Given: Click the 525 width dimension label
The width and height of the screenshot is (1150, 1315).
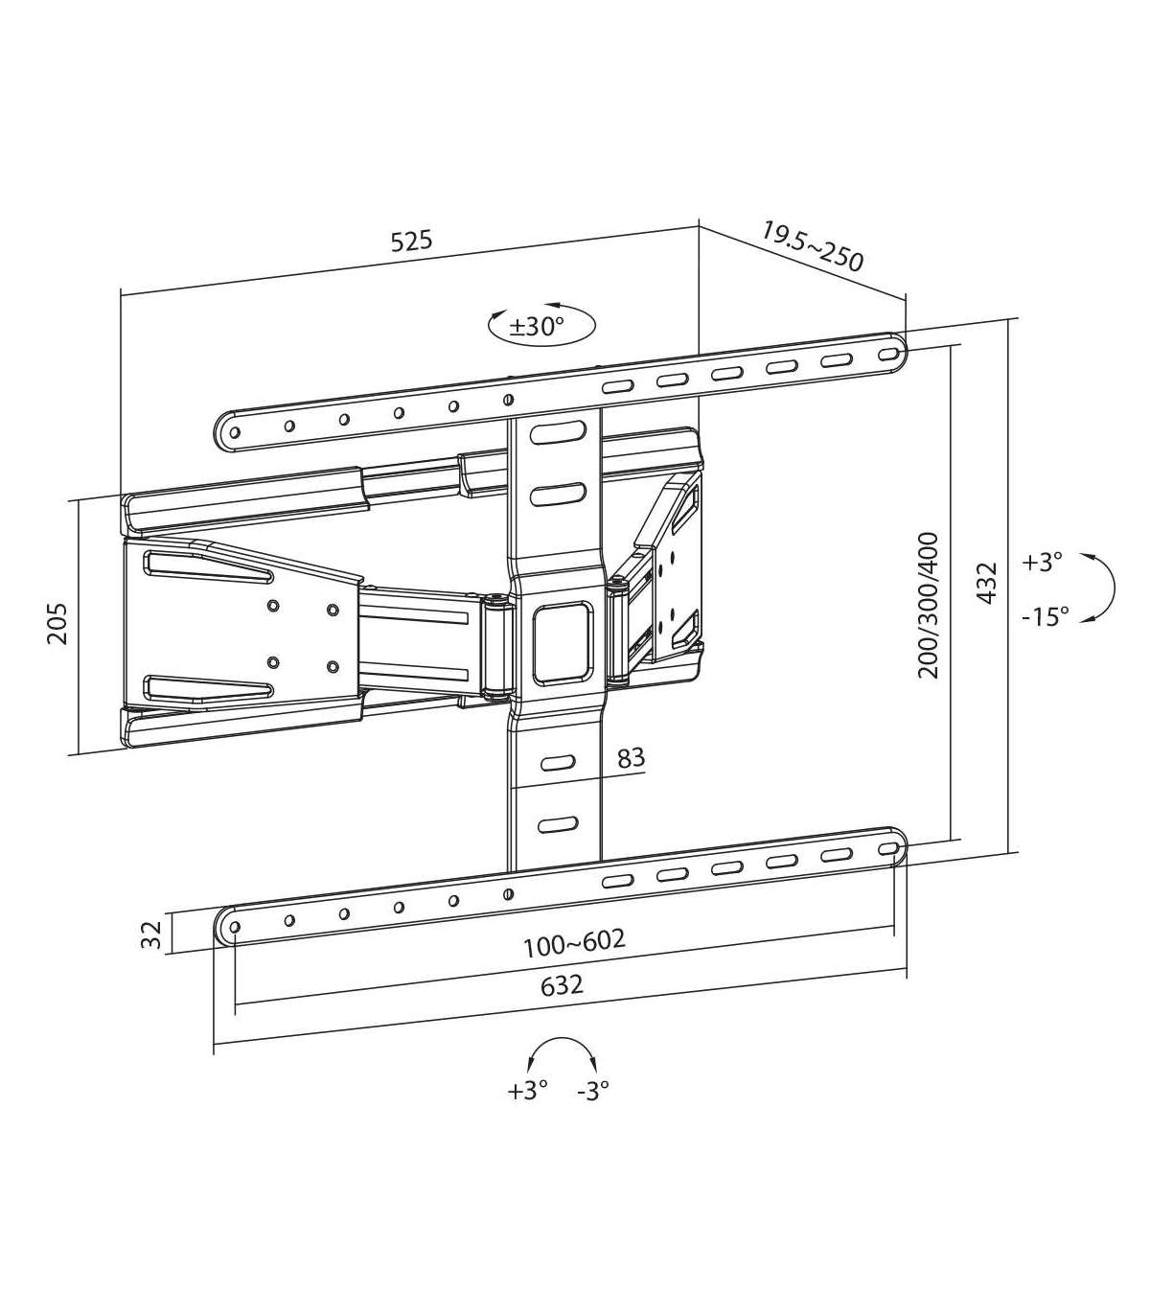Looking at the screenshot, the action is click(x=412, y=241).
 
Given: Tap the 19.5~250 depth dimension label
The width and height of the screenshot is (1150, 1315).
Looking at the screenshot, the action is click(x=812, y=247).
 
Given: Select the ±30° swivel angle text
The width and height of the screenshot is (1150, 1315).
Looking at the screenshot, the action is click(x=536, y=327).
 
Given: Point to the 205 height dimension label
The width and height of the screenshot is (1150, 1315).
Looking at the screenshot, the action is click(x=57, y=623).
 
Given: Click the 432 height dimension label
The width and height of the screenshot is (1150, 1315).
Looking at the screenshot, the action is click(x=986, y=583).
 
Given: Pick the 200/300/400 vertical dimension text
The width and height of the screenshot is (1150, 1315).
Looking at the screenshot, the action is click(x=929, y=606).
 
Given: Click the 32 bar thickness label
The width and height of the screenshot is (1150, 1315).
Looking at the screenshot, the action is click(x=150, y=935).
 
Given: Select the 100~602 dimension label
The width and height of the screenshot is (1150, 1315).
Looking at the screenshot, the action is click(x=574, y=943).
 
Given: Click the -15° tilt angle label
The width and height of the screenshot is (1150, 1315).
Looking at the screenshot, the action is click(x=1046, y=617).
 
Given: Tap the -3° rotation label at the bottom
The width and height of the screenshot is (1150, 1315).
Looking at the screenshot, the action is click(x=593, y=1091).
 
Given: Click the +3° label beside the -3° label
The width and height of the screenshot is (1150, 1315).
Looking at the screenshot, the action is click(x=527, y=1091).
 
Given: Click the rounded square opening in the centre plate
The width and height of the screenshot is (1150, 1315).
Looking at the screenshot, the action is click(x=561, y=642).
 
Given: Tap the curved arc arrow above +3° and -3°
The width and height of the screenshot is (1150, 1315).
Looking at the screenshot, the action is click(x=563, y=1038).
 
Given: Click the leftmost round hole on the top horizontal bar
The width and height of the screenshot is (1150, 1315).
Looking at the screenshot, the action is click(x=235, y=432).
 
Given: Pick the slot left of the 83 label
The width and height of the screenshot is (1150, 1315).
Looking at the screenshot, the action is click(x=559, y=763).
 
